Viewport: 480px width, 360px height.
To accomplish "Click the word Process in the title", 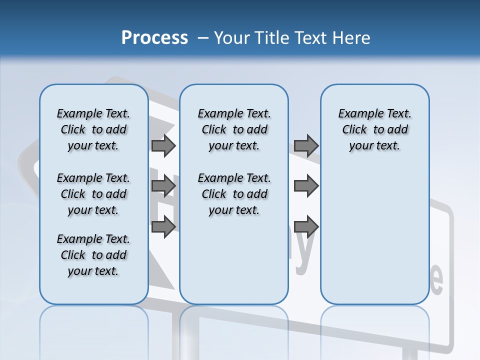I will click(154, 37).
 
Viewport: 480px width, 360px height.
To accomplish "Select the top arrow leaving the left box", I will click(163, 146).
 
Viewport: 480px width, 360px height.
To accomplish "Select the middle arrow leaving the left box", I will click(163, 186).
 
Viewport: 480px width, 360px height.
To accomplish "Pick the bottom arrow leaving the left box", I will click(163, 227).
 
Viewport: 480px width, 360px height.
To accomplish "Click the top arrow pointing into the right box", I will click(306, 146).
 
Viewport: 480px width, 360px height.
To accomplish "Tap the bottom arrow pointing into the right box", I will click(306, 227).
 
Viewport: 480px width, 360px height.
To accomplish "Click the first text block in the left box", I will click(93, 129).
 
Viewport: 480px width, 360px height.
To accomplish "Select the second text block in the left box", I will click(93, 194).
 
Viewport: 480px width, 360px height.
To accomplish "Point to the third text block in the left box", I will click(93, 255).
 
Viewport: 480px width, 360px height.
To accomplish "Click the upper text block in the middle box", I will click(234, 129).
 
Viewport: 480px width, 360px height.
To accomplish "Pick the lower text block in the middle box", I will click(234, 194).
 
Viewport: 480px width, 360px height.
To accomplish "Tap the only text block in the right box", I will click(374, 129).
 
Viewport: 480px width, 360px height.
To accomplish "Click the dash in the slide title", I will click(203, 38).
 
